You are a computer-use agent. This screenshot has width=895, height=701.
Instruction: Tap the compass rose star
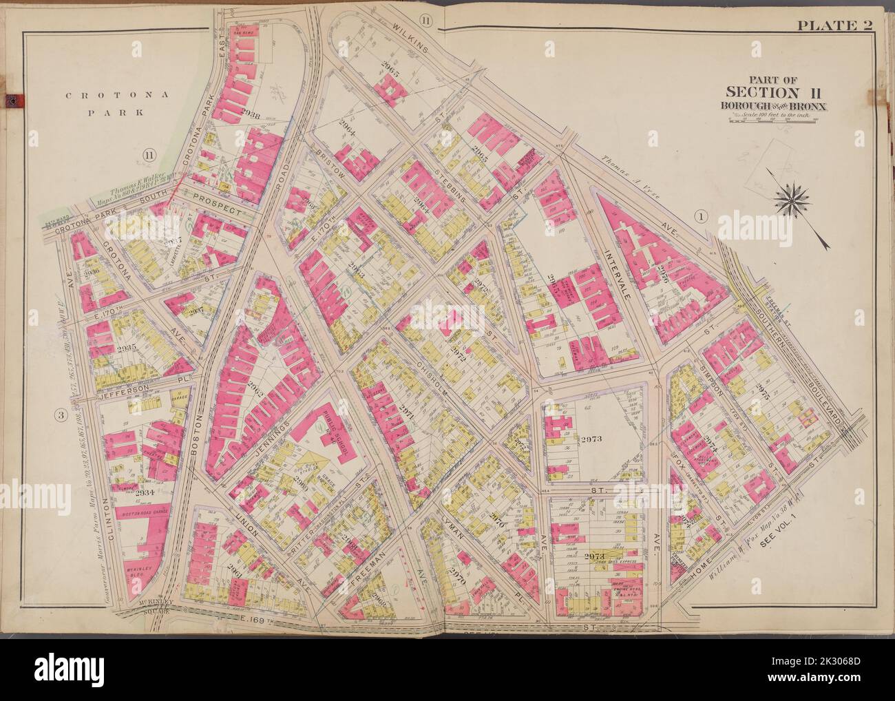(795, 200)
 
